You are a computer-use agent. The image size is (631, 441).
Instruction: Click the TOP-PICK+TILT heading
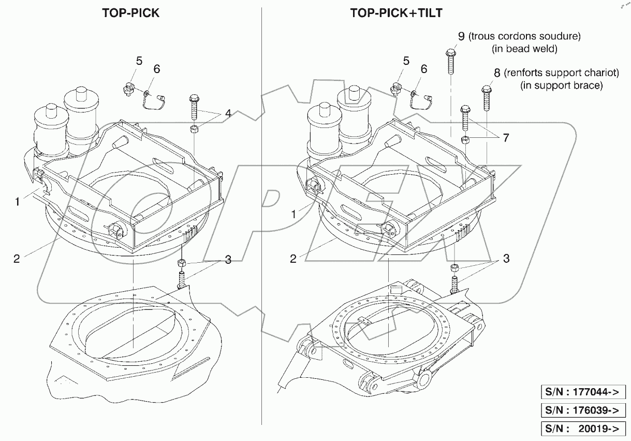[x=396, y=13]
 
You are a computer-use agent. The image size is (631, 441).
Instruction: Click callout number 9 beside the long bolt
[x=461, y=36]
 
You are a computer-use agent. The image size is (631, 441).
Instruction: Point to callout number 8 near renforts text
[x=497, y=73]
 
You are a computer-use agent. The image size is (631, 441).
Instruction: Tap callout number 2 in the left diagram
[x=17, y=258]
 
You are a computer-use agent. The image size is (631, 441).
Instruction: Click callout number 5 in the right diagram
[x=406, y=61]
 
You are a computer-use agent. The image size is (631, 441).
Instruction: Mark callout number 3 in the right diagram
[x=506, y=258]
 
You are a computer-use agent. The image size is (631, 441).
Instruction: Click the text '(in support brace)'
[x=561, y=86]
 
